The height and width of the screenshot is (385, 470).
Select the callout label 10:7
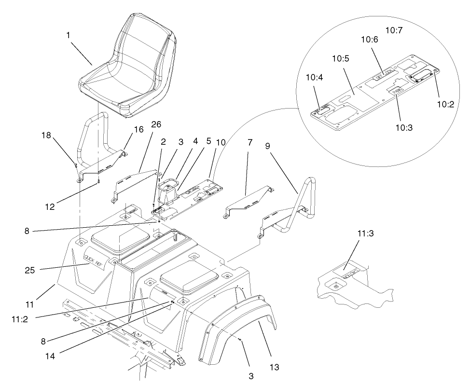click(x=394, y=30)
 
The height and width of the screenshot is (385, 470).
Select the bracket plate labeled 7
click(x=248, y=198)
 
